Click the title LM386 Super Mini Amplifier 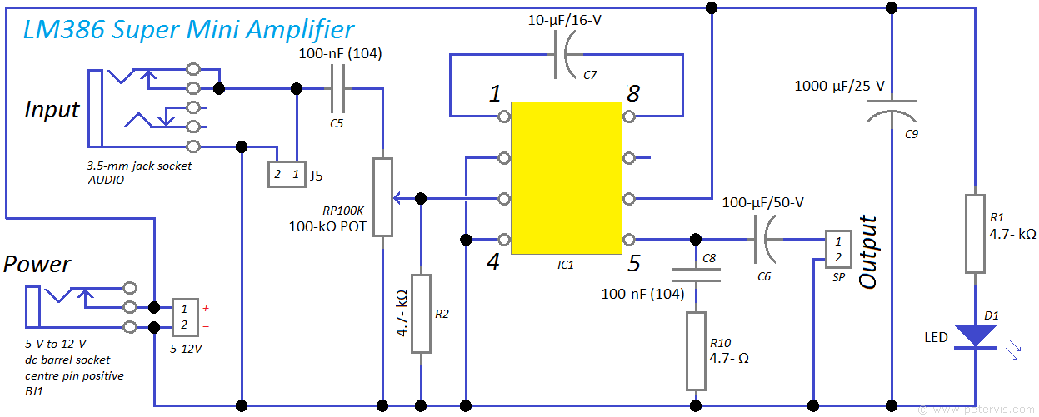point(188,31)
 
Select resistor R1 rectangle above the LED point(975,234)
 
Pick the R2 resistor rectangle point(421,313)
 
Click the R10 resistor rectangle point(696,350)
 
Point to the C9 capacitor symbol point(892,109)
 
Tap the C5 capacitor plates point(338,89)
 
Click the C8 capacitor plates point(696,274)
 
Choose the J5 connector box point(286,175)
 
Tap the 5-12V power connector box point(185,316)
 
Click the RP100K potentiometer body point(382,197)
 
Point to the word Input point(52,109)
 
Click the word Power point(37,265)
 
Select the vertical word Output point(868,252)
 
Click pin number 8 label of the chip point(633,93)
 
